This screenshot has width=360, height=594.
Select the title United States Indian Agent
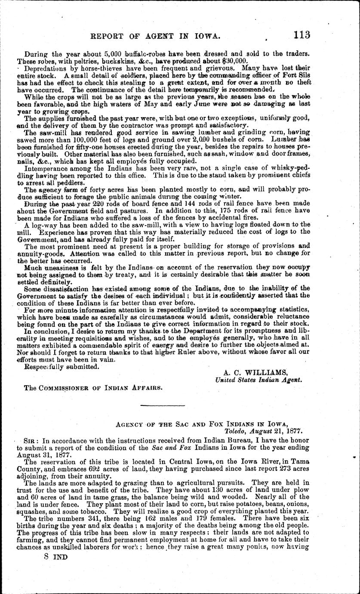[259, 380]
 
